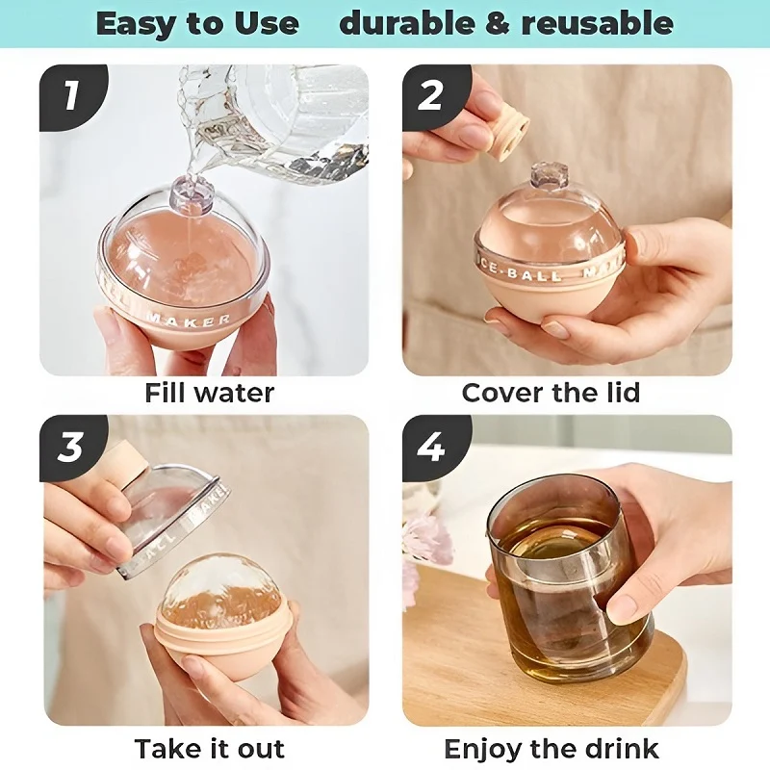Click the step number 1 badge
(x=69, y=96)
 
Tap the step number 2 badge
(x=430, y=96)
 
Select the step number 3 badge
(x=69, y=448)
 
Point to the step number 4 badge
(x=430, y=448)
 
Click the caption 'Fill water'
(x=209, y=393)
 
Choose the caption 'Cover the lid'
(x=551, y=393)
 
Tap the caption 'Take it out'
(x=209, y=748)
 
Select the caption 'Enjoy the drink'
(x=552, y=748)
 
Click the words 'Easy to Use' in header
(x=197, y=23)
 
